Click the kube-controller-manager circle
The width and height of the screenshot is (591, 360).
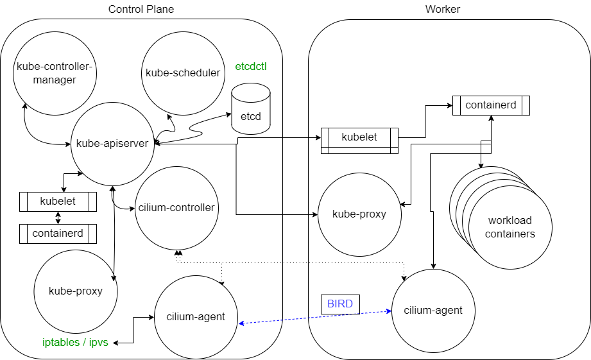click(55, 73)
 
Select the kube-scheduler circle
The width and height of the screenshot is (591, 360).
click(183, 73)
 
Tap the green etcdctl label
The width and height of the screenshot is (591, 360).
click(251, 66)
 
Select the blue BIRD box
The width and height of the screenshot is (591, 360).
click(340, 304)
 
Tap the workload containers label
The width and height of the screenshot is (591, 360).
click(510, 228)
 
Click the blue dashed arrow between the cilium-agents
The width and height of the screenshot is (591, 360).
click(314, 318)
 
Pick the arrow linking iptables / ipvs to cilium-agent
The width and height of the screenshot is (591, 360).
click(133, 330)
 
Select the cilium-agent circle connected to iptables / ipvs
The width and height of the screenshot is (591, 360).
click(195, 316)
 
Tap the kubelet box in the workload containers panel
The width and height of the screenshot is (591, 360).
click(359, 137)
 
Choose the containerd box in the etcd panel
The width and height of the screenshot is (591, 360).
click(58, 234)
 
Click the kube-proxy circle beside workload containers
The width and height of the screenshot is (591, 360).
click(359, 214)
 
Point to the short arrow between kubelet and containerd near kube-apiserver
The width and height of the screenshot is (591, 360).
click(58, 218)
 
